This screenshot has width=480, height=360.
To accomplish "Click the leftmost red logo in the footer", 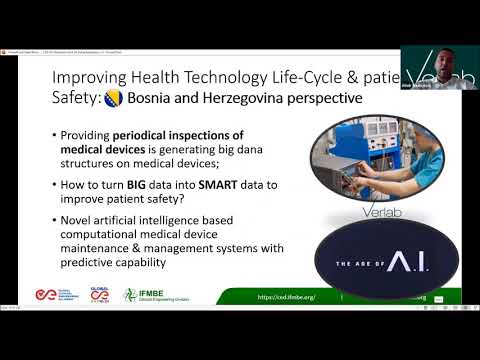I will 39,295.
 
